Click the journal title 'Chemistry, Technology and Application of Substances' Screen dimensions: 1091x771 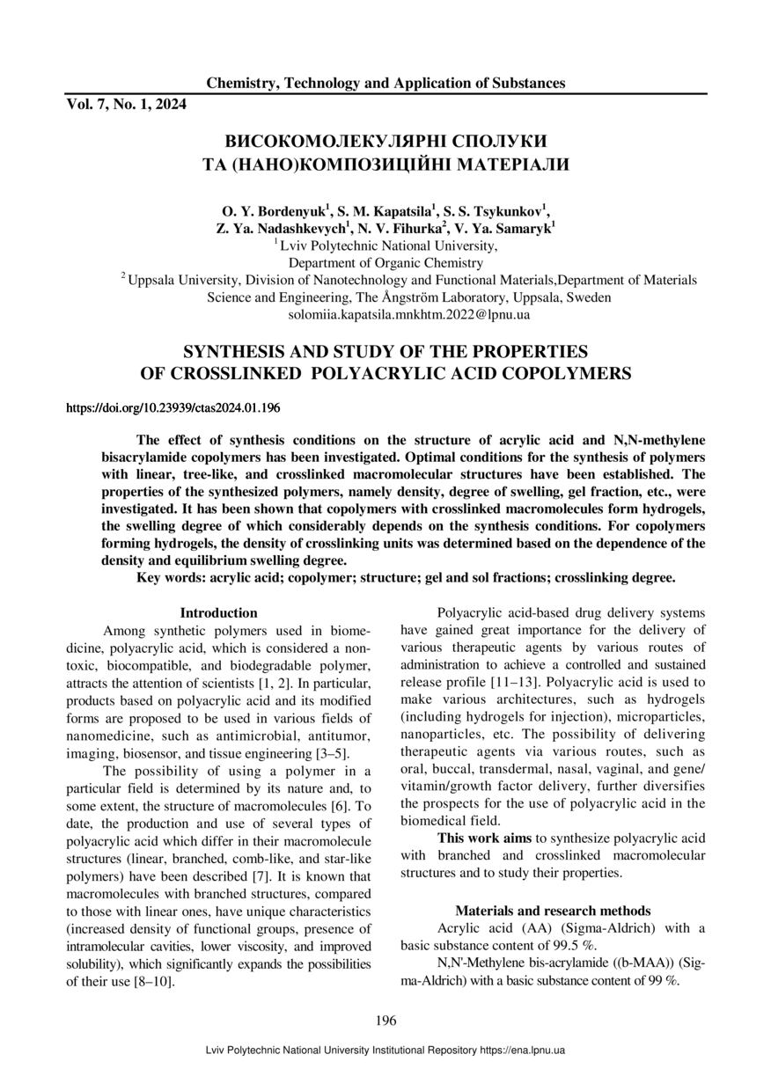385,84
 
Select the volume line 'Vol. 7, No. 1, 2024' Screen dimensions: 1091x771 127,105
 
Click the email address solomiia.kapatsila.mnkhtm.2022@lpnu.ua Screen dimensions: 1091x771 409,313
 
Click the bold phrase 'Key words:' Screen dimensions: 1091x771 172,578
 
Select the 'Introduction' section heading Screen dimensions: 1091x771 218,613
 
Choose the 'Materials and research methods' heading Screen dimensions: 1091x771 553,911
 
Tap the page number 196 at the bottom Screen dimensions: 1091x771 385,1021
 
